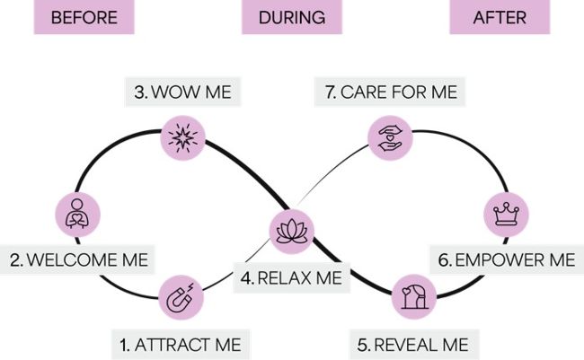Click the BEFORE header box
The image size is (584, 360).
84,17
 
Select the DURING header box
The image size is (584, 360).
292,17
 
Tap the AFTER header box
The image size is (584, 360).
500,17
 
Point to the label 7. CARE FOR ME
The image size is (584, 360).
390,92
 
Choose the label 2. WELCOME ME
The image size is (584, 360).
79,260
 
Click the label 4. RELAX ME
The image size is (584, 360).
292,278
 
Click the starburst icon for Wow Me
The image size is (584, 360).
182,137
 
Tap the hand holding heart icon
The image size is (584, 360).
390,136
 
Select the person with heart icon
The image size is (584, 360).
78,215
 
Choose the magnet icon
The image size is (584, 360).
181,297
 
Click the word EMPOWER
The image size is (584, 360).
498,260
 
